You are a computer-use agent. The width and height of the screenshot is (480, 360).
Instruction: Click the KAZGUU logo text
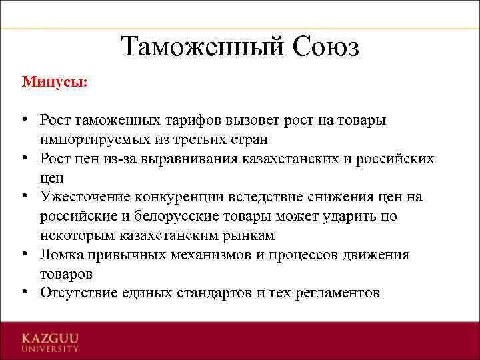[49, 338]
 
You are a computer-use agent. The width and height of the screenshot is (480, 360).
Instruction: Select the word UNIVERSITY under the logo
[49, 348]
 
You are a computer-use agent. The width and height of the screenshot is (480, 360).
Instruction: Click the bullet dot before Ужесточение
[24, 197]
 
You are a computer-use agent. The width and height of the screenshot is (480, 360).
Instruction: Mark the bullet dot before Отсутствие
[24, 293]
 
